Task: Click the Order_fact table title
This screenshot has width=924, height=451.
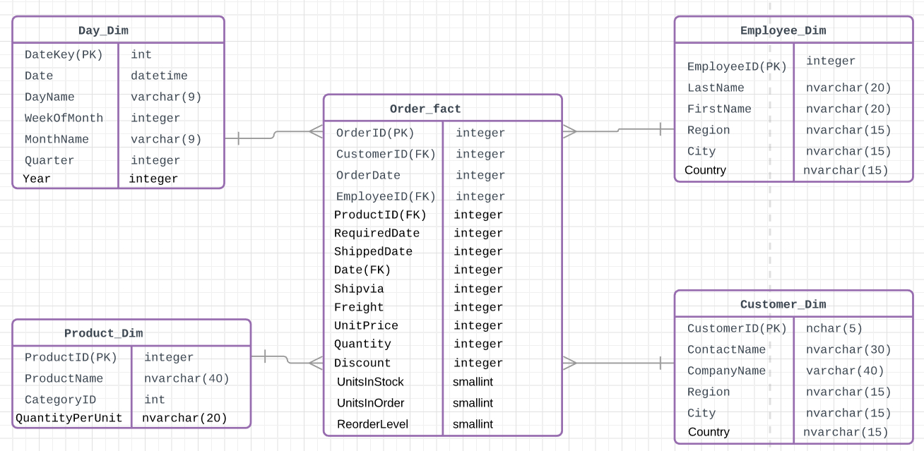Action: (425, 109)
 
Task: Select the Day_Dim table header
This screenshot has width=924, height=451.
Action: (103, 30)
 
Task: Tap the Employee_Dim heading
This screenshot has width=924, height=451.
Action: (783, 30)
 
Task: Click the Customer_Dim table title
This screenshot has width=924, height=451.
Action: (783, 304)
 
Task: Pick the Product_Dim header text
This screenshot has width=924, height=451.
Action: (103, 333)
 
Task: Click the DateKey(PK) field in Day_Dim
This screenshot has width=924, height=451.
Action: (64, 54)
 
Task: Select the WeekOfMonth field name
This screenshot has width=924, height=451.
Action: (64, 118)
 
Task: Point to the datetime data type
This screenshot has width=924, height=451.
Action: (159, 76)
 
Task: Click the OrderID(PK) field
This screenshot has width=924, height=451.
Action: (375, 133)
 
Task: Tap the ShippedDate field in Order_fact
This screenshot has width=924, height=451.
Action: (373, 251)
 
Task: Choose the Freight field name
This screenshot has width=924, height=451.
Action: (359, 307)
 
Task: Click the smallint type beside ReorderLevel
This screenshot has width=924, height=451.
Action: (473, 424)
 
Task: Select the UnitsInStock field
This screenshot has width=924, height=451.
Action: (370, 382)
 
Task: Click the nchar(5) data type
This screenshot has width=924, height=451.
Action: (834, 328)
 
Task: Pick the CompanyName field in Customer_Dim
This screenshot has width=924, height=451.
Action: (726, 371)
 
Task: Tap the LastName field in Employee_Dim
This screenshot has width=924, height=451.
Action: (716, 88)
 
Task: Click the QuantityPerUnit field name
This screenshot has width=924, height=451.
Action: (69, 418)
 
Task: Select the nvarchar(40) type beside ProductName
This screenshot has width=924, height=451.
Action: (186, 378)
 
